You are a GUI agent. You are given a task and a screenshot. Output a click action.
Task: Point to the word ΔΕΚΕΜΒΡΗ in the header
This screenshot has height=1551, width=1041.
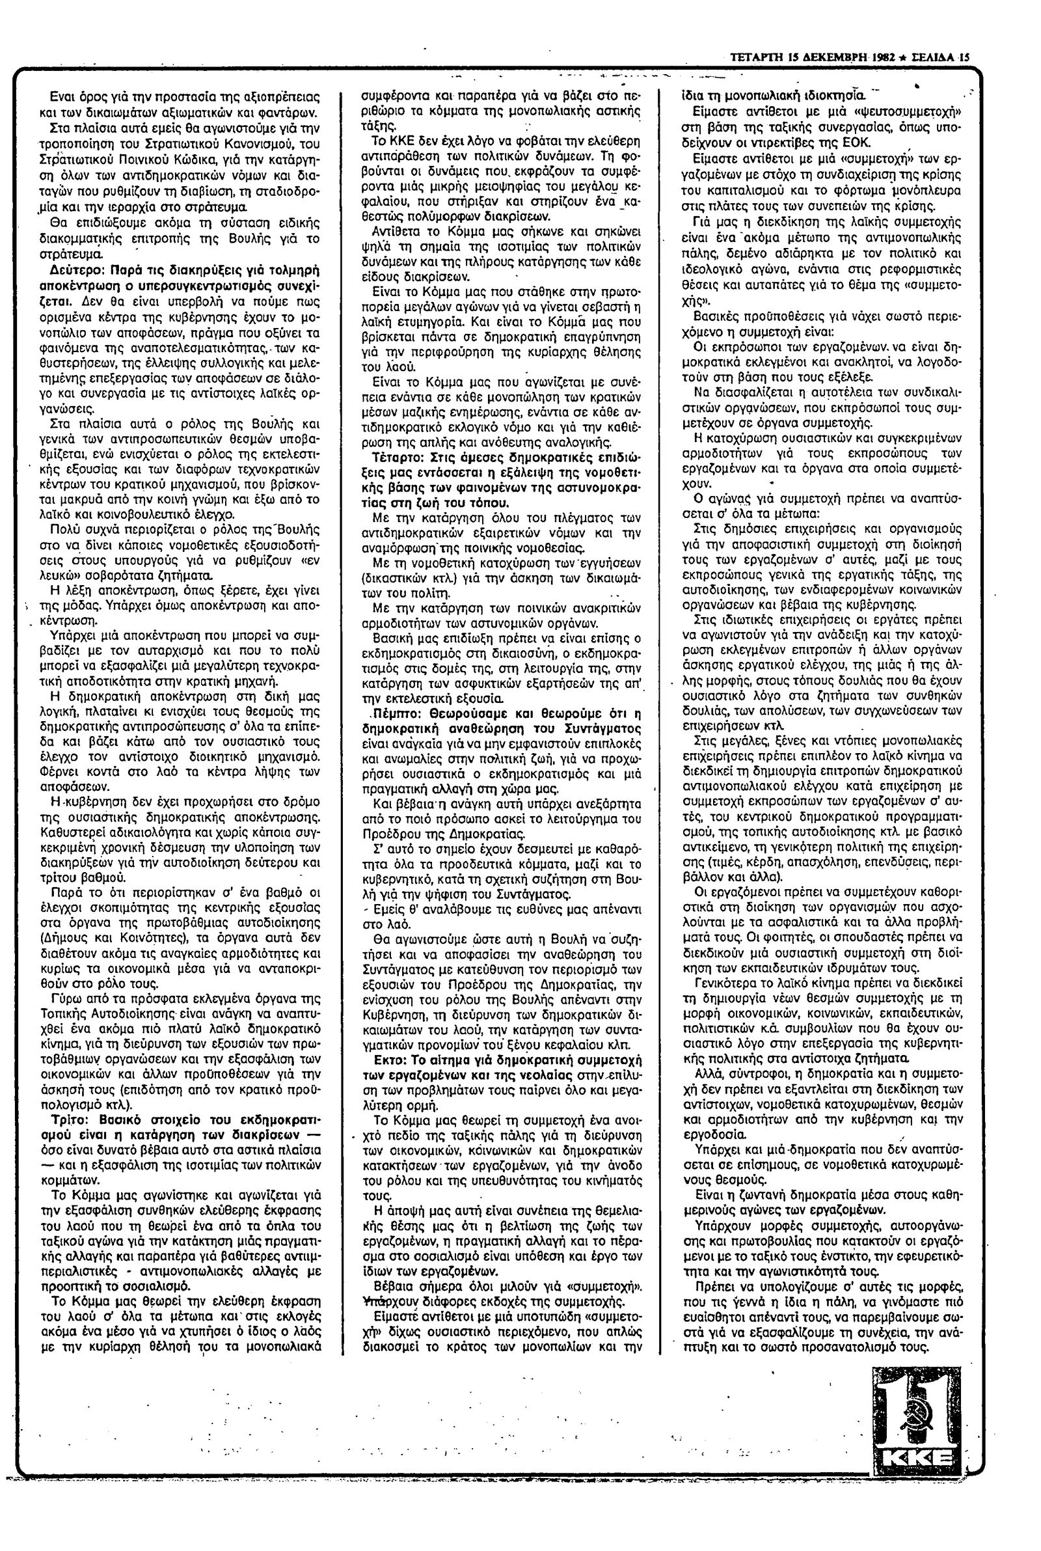point(831,58)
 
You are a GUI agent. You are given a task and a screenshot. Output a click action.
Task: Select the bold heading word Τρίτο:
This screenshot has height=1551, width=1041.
point(69,1117)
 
